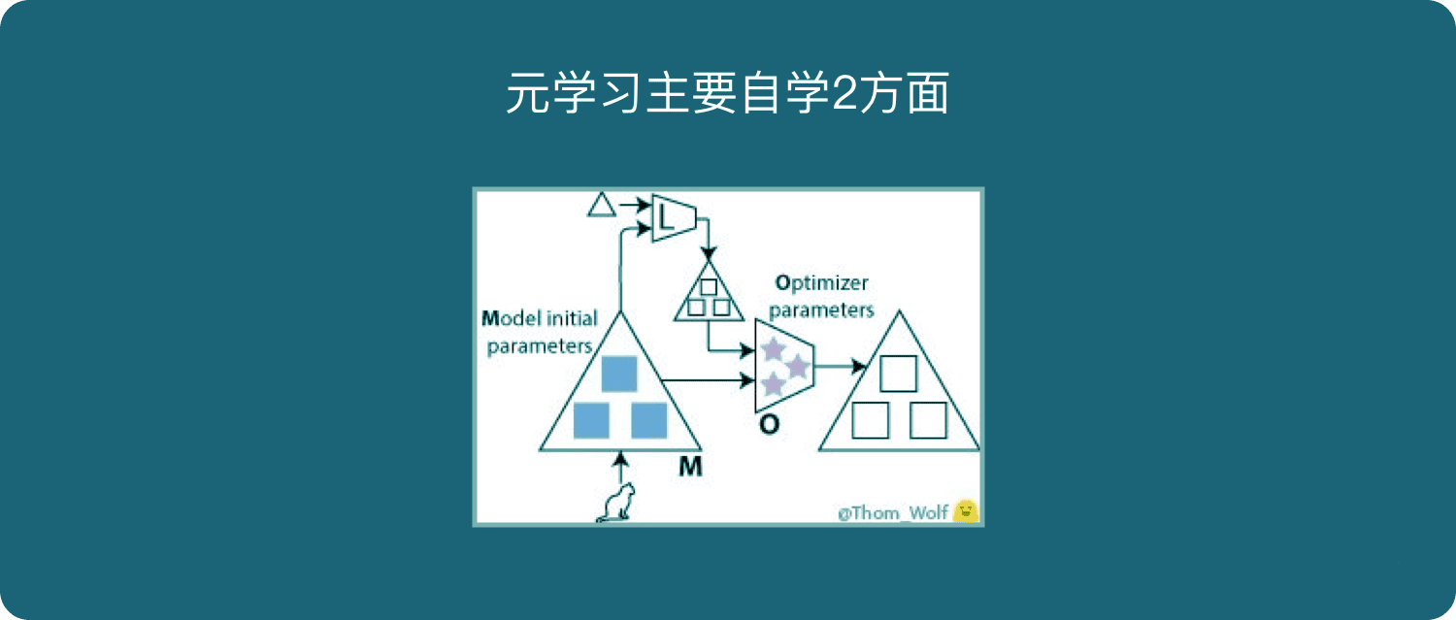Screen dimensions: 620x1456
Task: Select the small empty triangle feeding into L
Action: [x=602, y=205]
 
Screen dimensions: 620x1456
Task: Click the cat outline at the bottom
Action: [x=616, y=503]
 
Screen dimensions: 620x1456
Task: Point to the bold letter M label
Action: [x=690, y=466]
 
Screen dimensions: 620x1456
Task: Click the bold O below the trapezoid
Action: [x=769, y=424]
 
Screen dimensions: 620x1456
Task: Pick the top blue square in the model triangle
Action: [x=619, y=374]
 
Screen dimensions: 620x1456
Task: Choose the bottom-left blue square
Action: [x=591, y=420]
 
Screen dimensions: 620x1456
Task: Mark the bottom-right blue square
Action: [x=648, y=420]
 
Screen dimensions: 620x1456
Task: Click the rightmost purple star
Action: [x=796, y=366]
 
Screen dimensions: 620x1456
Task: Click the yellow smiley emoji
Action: [x=965, y=511]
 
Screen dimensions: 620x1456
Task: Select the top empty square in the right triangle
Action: [x=898, y=373]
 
